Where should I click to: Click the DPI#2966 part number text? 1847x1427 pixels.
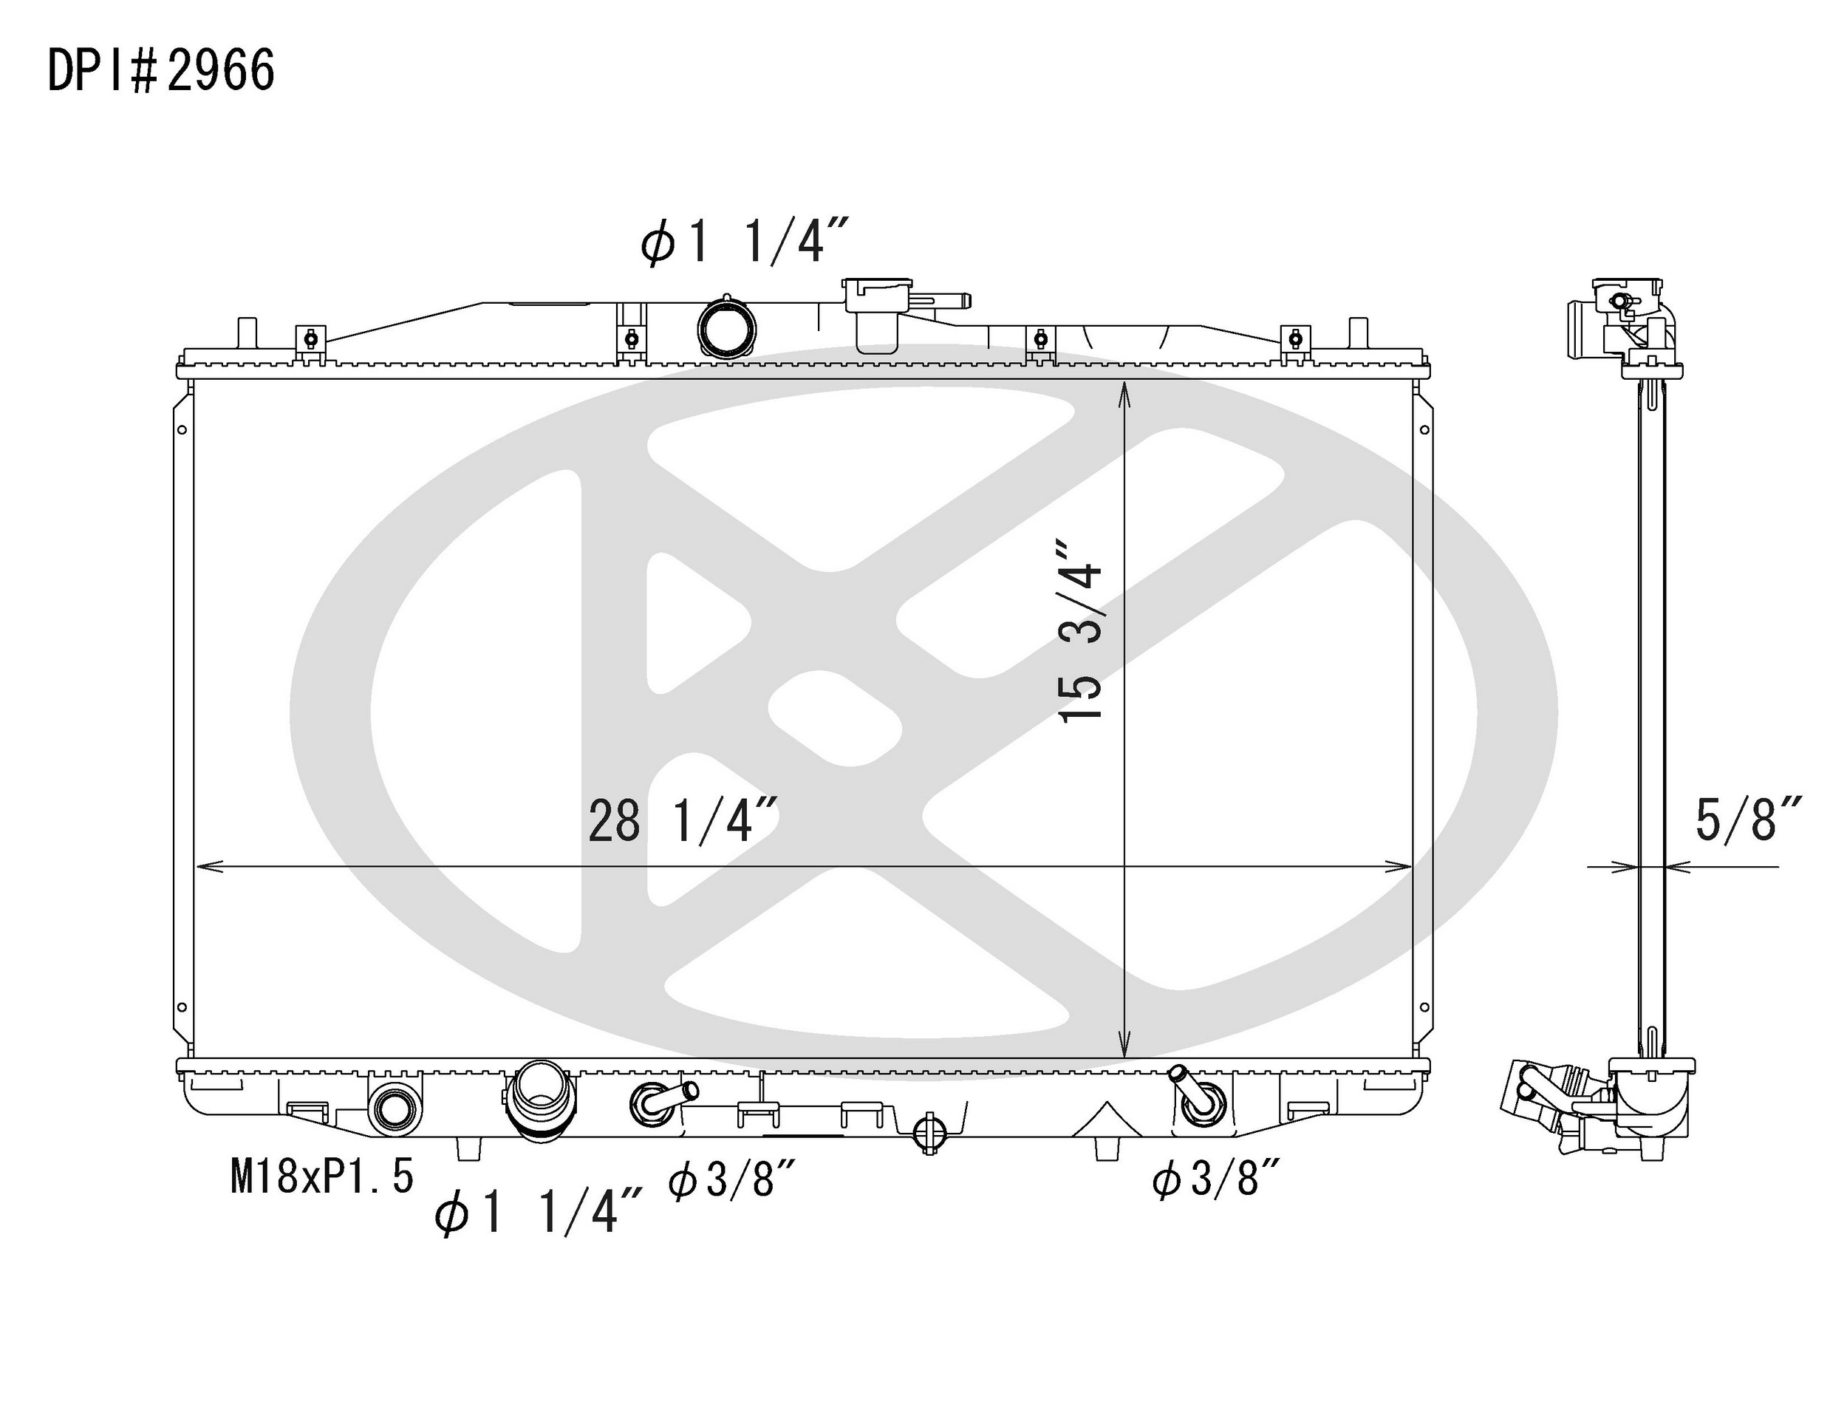click(x=160, y=70)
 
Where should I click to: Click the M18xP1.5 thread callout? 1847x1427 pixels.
click(x=322, y=1176)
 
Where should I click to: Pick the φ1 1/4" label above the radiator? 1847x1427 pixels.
click(x=744, y=242)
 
